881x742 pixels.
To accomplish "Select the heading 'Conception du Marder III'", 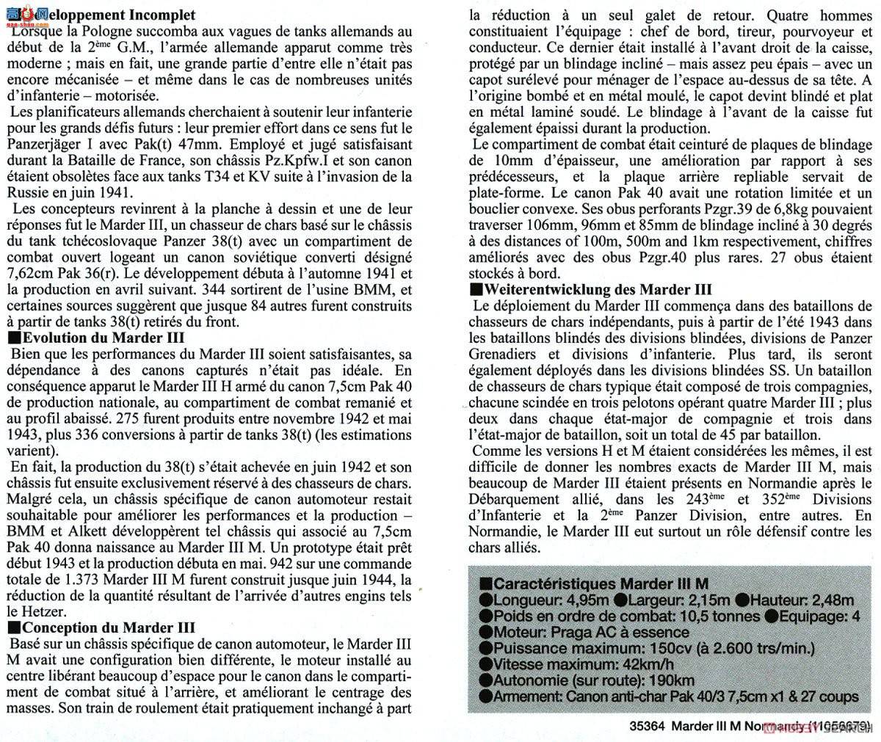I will click(109, 628).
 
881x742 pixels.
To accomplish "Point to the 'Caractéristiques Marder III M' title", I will click(599, 583).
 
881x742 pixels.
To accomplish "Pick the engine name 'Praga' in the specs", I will click(565, 633).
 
